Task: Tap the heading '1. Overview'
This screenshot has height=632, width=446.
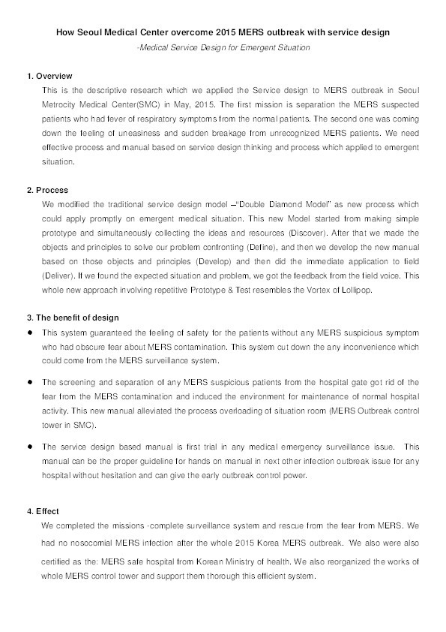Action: (49, 76)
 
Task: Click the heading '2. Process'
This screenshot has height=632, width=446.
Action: (48, 190)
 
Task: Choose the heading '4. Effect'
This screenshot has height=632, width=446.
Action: (43, 511)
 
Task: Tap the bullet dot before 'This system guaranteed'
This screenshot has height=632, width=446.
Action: (29, 333)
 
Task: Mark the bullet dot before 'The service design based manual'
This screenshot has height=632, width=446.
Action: (29, 446)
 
